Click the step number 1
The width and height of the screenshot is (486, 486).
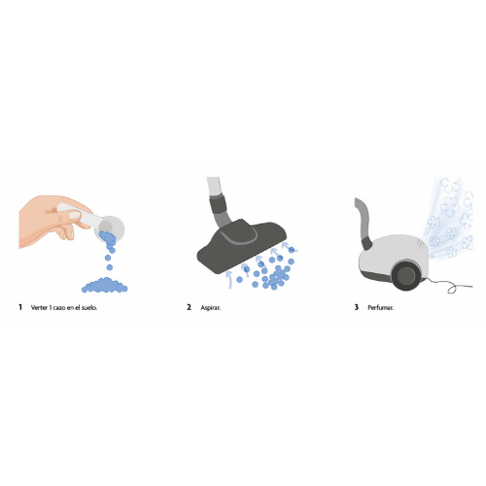[x=20, y=307]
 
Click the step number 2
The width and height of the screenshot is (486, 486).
[x=189, y=307]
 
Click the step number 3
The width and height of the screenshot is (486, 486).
[x=357, y=307]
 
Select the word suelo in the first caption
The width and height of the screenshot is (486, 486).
[x=90, y=307]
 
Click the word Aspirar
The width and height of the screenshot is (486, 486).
[x=211, y=308]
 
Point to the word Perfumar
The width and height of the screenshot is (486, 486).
[x=381, y=307]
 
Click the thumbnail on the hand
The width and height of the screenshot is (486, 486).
[x=74, y=215]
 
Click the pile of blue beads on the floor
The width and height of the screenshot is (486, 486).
[x=104, y=286]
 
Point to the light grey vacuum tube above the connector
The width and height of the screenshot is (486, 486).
[x=215, y=187]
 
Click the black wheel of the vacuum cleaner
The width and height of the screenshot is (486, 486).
[x=406, y=276]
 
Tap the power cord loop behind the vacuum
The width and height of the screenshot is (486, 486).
[x=453, y=287]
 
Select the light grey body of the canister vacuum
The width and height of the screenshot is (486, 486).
[x=393, y=256]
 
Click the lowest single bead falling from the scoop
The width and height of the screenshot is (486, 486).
[x=110, y=267]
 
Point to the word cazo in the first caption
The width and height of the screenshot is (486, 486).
[x=59, y=308]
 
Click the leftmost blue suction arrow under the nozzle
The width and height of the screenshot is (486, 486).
[x=228, y=280]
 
